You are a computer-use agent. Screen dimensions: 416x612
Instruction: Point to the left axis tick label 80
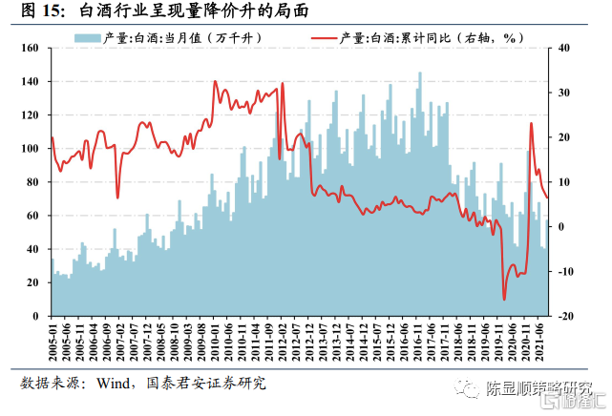(x=34, y=182)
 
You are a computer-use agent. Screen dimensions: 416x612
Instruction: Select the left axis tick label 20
(x=34, y=282)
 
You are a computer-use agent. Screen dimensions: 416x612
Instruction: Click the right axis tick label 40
(x=563, y=49)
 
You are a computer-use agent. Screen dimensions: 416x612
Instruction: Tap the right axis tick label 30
(x=563, y=93)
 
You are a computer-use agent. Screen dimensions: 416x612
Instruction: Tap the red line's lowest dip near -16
(x=504, y=299)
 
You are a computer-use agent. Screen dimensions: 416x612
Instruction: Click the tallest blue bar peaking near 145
(x=419, y=74)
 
